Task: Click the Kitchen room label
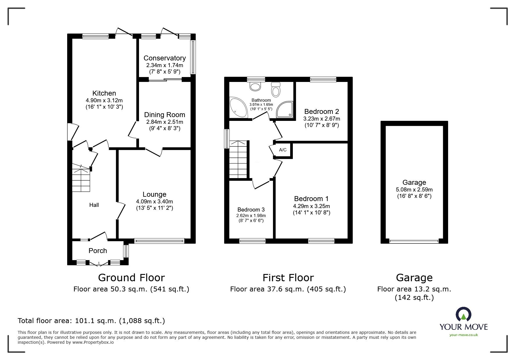click(x=104, y=93)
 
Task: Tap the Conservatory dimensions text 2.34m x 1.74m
click(x=165, y=65)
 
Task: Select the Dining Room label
click(x=165, y=115)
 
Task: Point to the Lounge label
click(x=154, y=194)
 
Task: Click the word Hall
click(x=94, y=205)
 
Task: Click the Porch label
click(x=98, y=251)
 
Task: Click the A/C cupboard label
click(x=283, y=150)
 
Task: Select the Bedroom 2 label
click(x=322, y=112)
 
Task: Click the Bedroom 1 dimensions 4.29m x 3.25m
click(x=311, y=206)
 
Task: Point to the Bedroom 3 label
click(x=251, y=210)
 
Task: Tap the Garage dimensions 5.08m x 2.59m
click(x=414, y=190)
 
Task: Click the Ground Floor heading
click(x=131, y=278)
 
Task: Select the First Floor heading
click(x=288, y=278)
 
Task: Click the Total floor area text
click(x=91, y=321)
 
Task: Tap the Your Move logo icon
click(x=464, y=314)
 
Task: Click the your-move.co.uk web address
click(x=464, y=335)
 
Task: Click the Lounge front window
click(x=159, y=241)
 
